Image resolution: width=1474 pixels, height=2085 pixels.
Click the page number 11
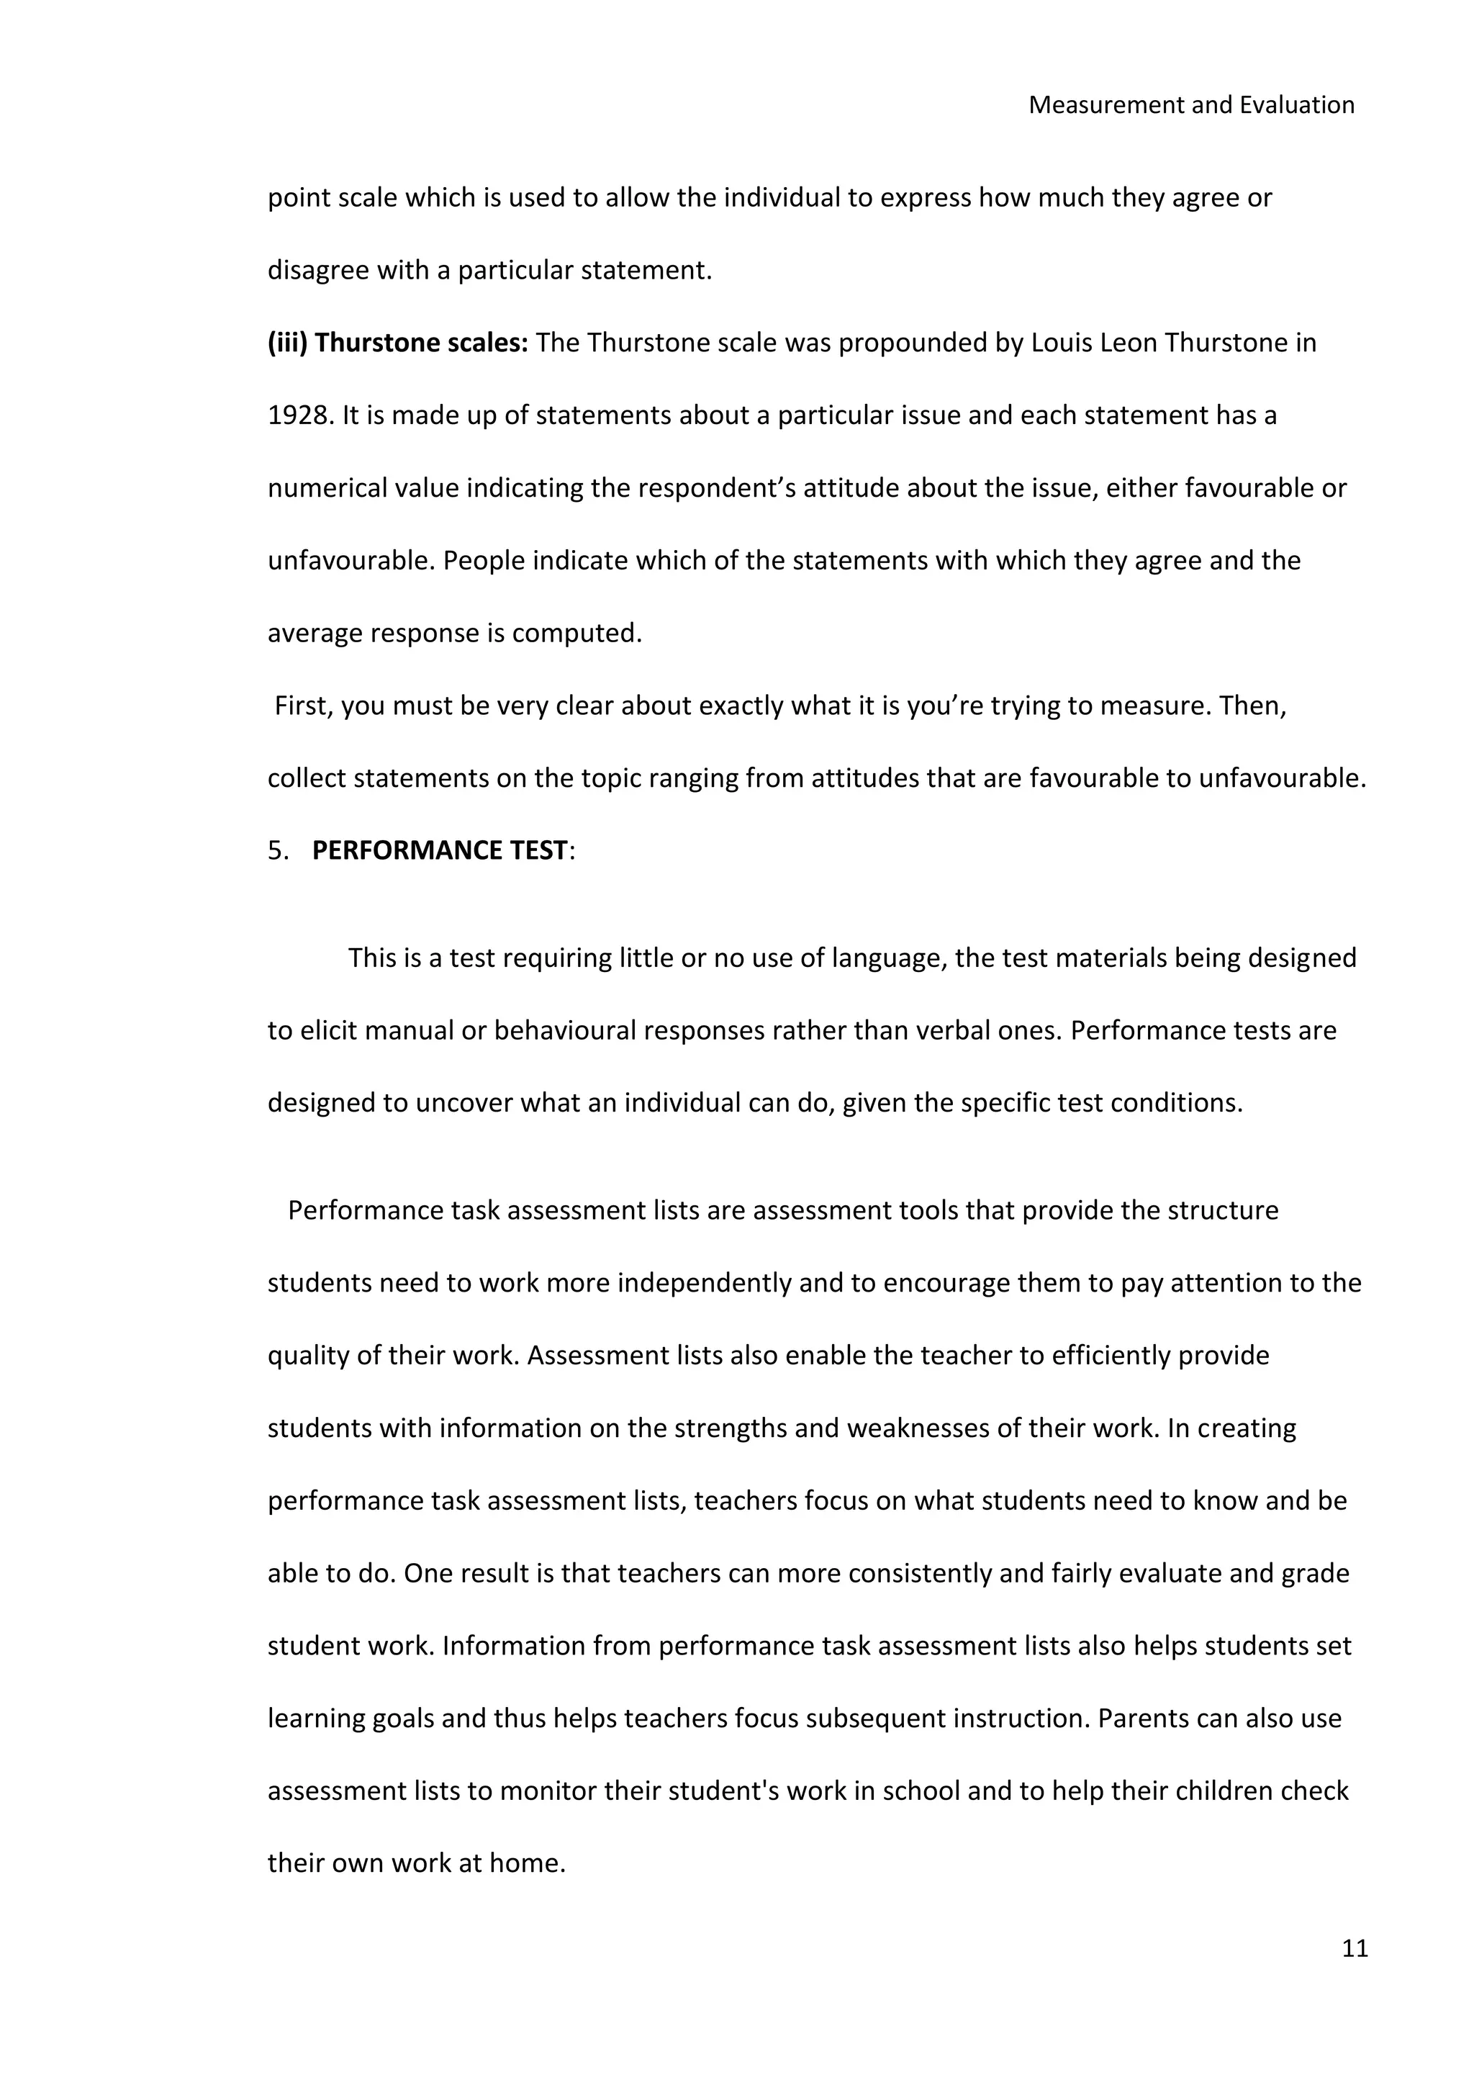[1355, 1949]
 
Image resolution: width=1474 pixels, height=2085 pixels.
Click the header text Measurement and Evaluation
[1191, 105]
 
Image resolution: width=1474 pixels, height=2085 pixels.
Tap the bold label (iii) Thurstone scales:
[397, 343]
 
